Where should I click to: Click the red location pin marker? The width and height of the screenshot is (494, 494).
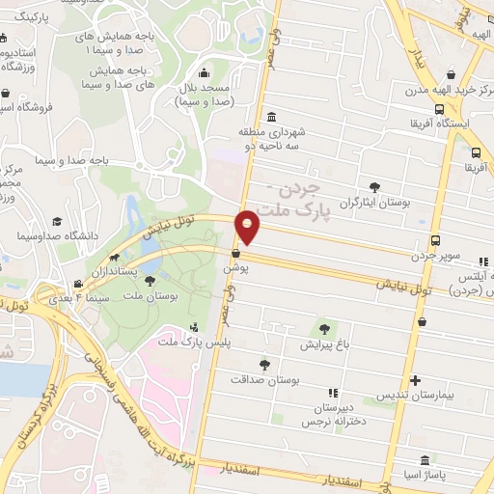coord(249,226)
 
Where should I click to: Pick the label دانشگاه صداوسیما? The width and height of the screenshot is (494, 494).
coord(52,235)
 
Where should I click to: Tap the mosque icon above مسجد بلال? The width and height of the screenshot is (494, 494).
coord(204,72)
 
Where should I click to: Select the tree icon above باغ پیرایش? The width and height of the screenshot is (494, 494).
coord(323,329)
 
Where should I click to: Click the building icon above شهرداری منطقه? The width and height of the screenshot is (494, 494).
coord(273,116)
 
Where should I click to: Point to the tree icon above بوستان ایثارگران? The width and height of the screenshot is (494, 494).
coord(374,187)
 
